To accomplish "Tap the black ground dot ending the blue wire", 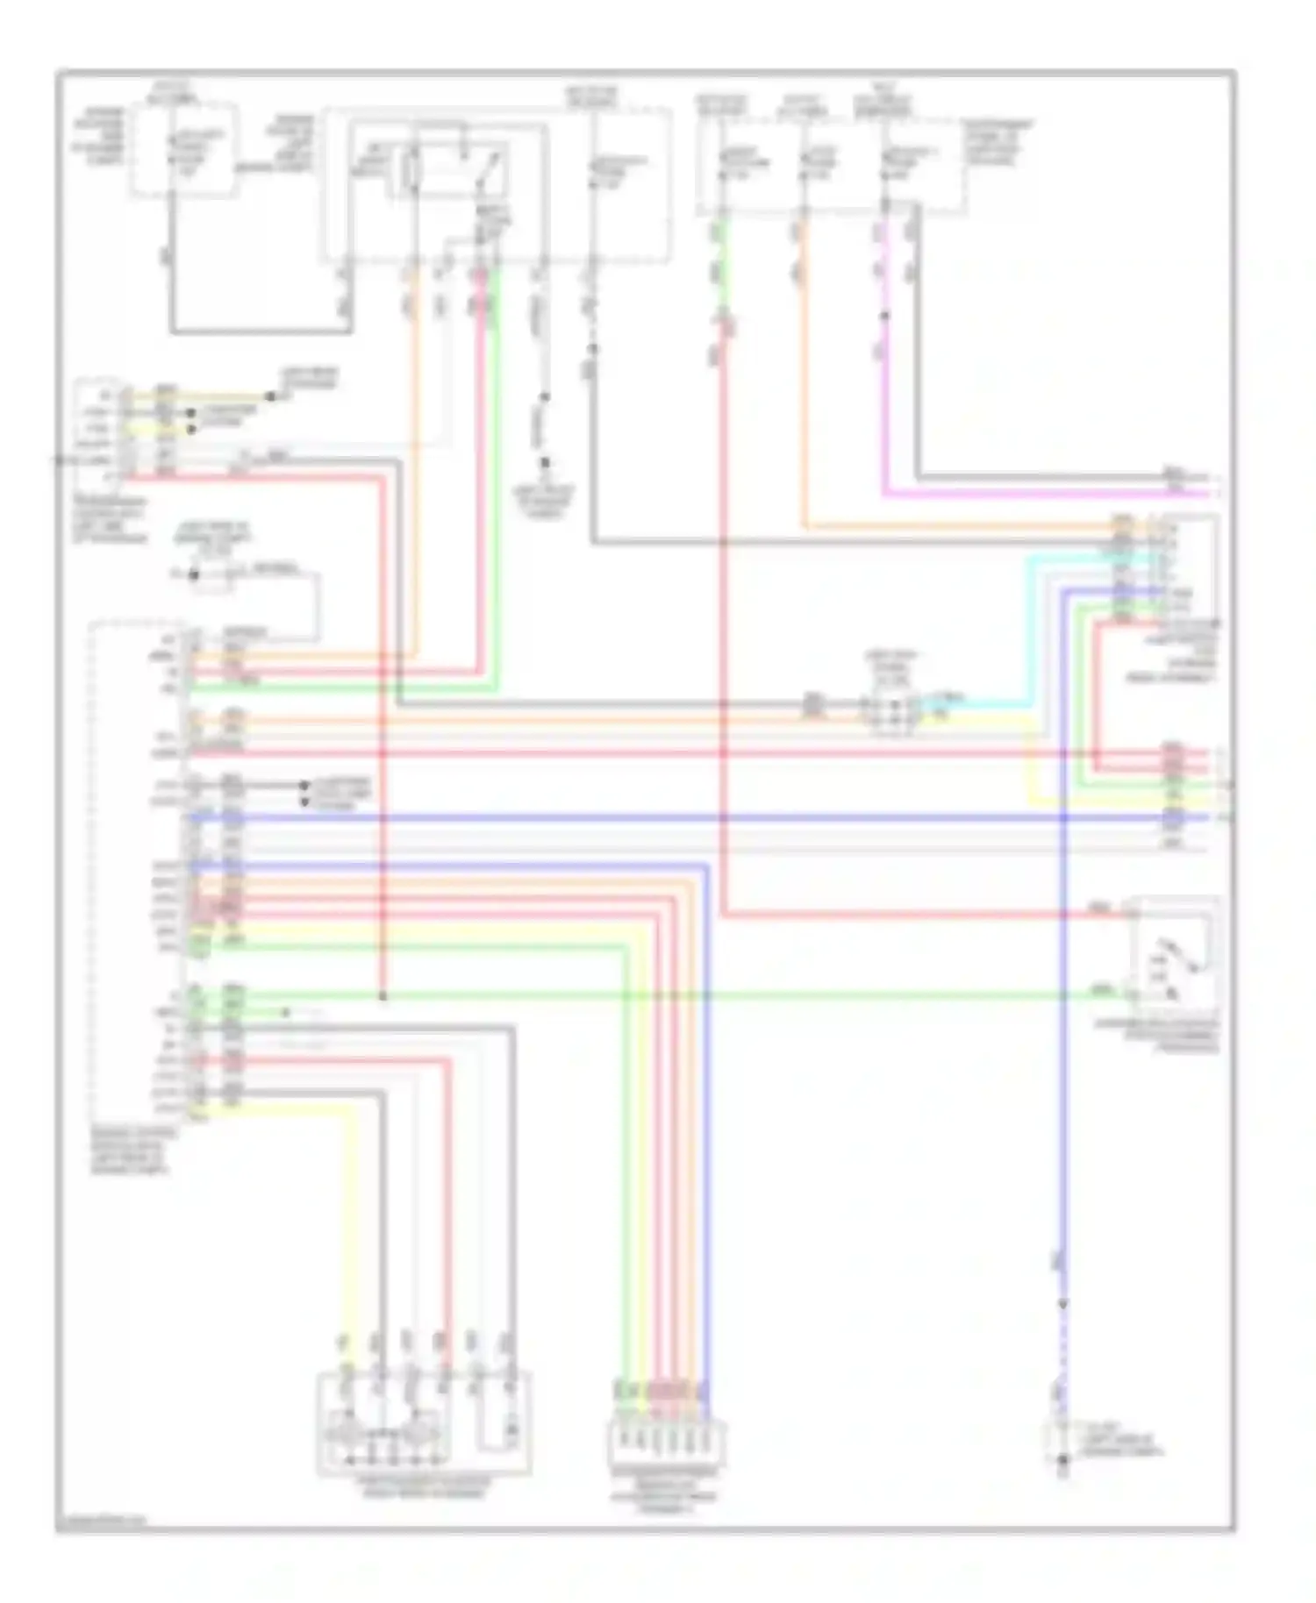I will click(1062, 1461).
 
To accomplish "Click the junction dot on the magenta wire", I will click(884, 316).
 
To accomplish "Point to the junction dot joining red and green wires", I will click(383, 996).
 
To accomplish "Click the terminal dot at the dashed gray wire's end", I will click(544, 463).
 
